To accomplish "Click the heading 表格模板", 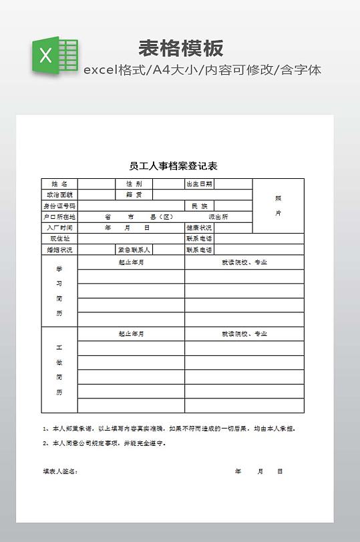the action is tap(180, 48).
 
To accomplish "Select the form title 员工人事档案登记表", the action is tap(173, 166).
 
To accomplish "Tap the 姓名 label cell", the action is tap(59, 184).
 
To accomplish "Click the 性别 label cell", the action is tap(134, 184).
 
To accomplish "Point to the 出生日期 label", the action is tap(199, 184).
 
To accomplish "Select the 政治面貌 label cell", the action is tap(59, 195).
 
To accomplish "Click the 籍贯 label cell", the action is tap(134, 195).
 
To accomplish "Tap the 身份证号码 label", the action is tap(59, 206).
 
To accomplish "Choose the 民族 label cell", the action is tap(199, 206).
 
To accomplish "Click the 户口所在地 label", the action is tap(59, 217).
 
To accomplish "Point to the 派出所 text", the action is tap(218, 217).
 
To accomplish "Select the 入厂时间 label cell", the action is tap(59, 228).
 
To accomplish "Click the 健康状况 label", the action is tap(199, 228).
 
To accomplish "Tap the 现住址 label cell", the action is tap(59, 238).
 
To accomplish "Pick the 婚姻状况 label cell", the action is tap(59, 250).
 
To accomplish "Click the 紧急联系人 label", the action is tap(134, 250).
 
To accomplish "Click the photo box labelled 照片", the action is tap(278, 206).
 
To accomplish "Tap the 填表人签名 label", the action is tap(61, 471).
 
